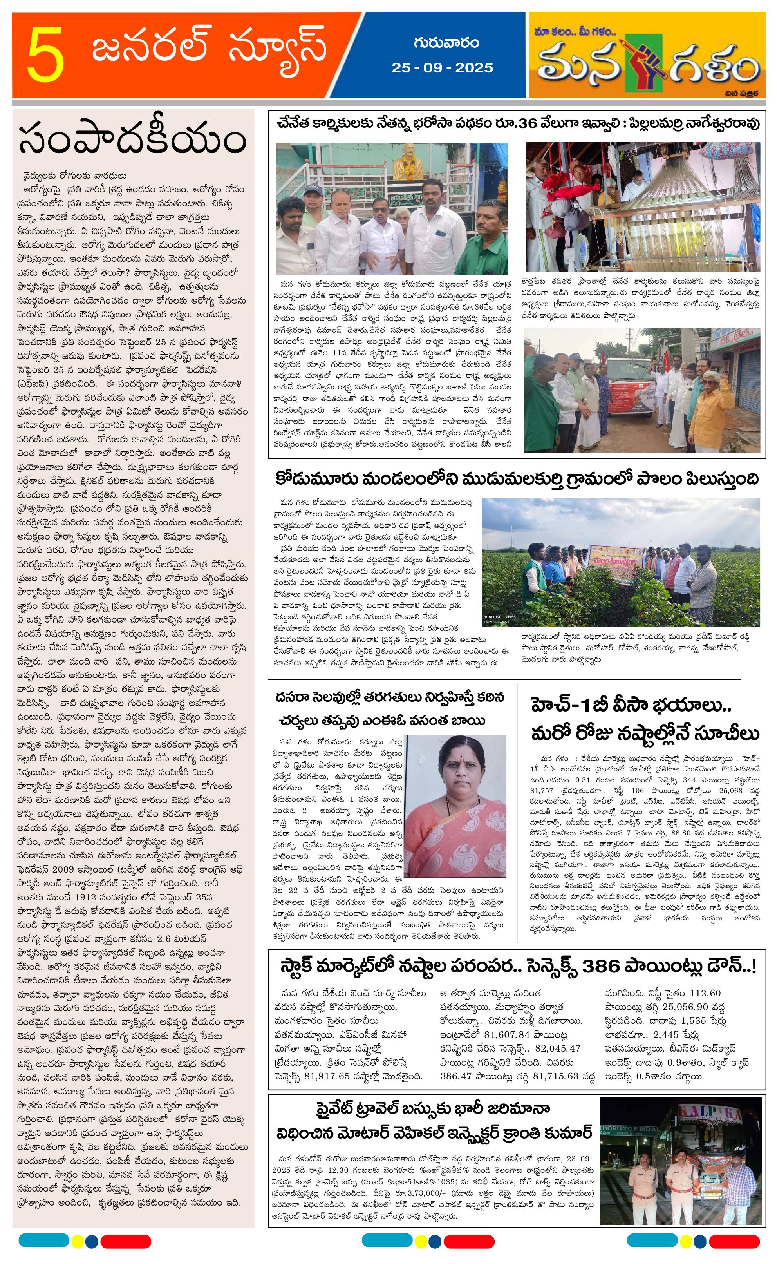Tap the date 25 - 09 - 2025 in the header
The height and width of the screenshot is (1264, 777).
442,68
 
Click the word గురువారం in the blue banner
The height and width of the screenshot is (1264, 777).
446,43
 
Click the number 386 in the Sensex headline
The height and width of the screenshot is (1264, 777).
606,966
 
